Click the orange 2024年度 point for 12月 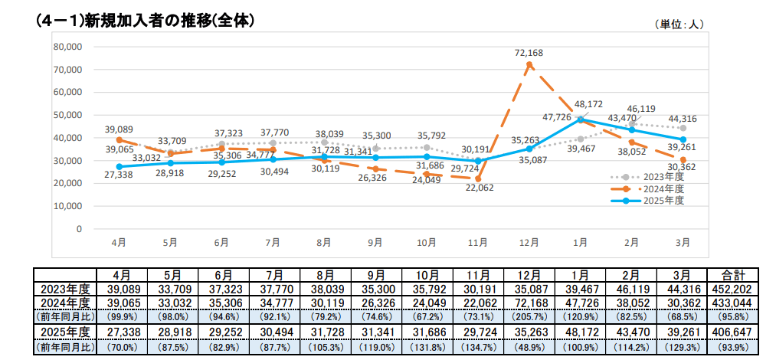click(x=529, y=64)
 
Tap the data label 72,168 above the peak click(x=529, y=53)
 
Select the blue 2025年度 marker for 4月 click(x=119, y=167)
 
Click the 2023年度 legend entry click(x=649, y=177)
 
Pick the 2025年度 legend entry click(x=649, y=200)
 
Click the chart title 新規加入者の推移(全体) click(x=169, y=21)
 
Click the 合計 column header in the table click(x=733, y=275)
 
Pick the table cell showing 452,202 click(x=733, y=289)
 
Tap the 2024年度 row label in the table click(x=65, y=302)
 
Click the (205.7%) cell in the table click(x=529, y=315)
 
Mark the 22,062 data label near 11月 click(x=480, y=188)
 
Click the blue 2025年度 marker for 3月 click(x=683, y=139)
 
